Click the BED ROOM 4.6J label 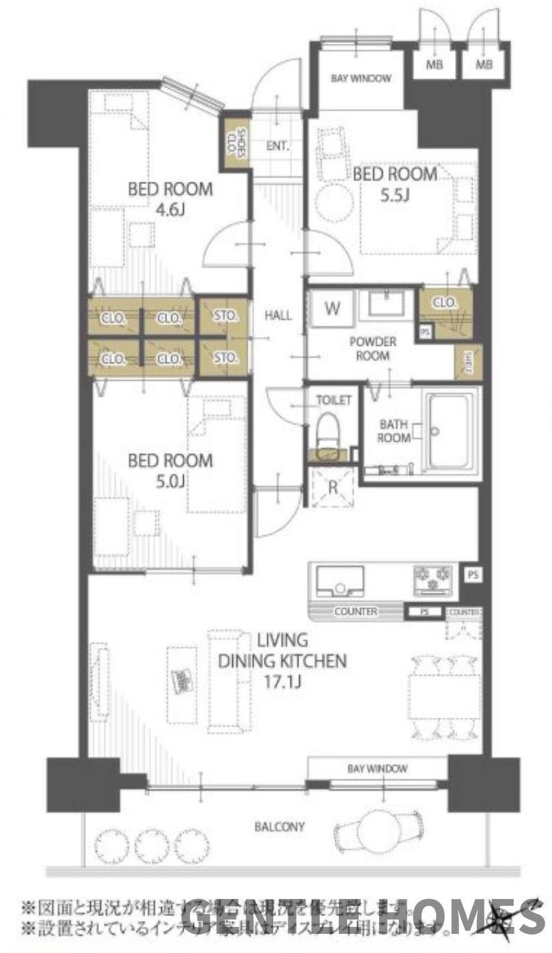tap(170, 199)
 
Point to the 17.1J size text tap(281, 682)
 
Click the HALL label tap(277, 315)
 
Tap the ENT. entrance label tap(277, 146)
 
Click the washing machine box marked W tap(332, 309)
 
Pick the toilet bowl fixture tap(327, 431)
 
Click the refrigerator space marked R tap(331, 488)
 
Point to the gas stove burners tap(433, 580)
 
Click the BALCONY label tap(279, 827)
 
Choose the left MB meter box tap(432, 65)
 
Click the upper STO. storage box tap(225, 316)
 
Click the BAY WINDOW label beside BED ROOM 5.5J tap(361, 78)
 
